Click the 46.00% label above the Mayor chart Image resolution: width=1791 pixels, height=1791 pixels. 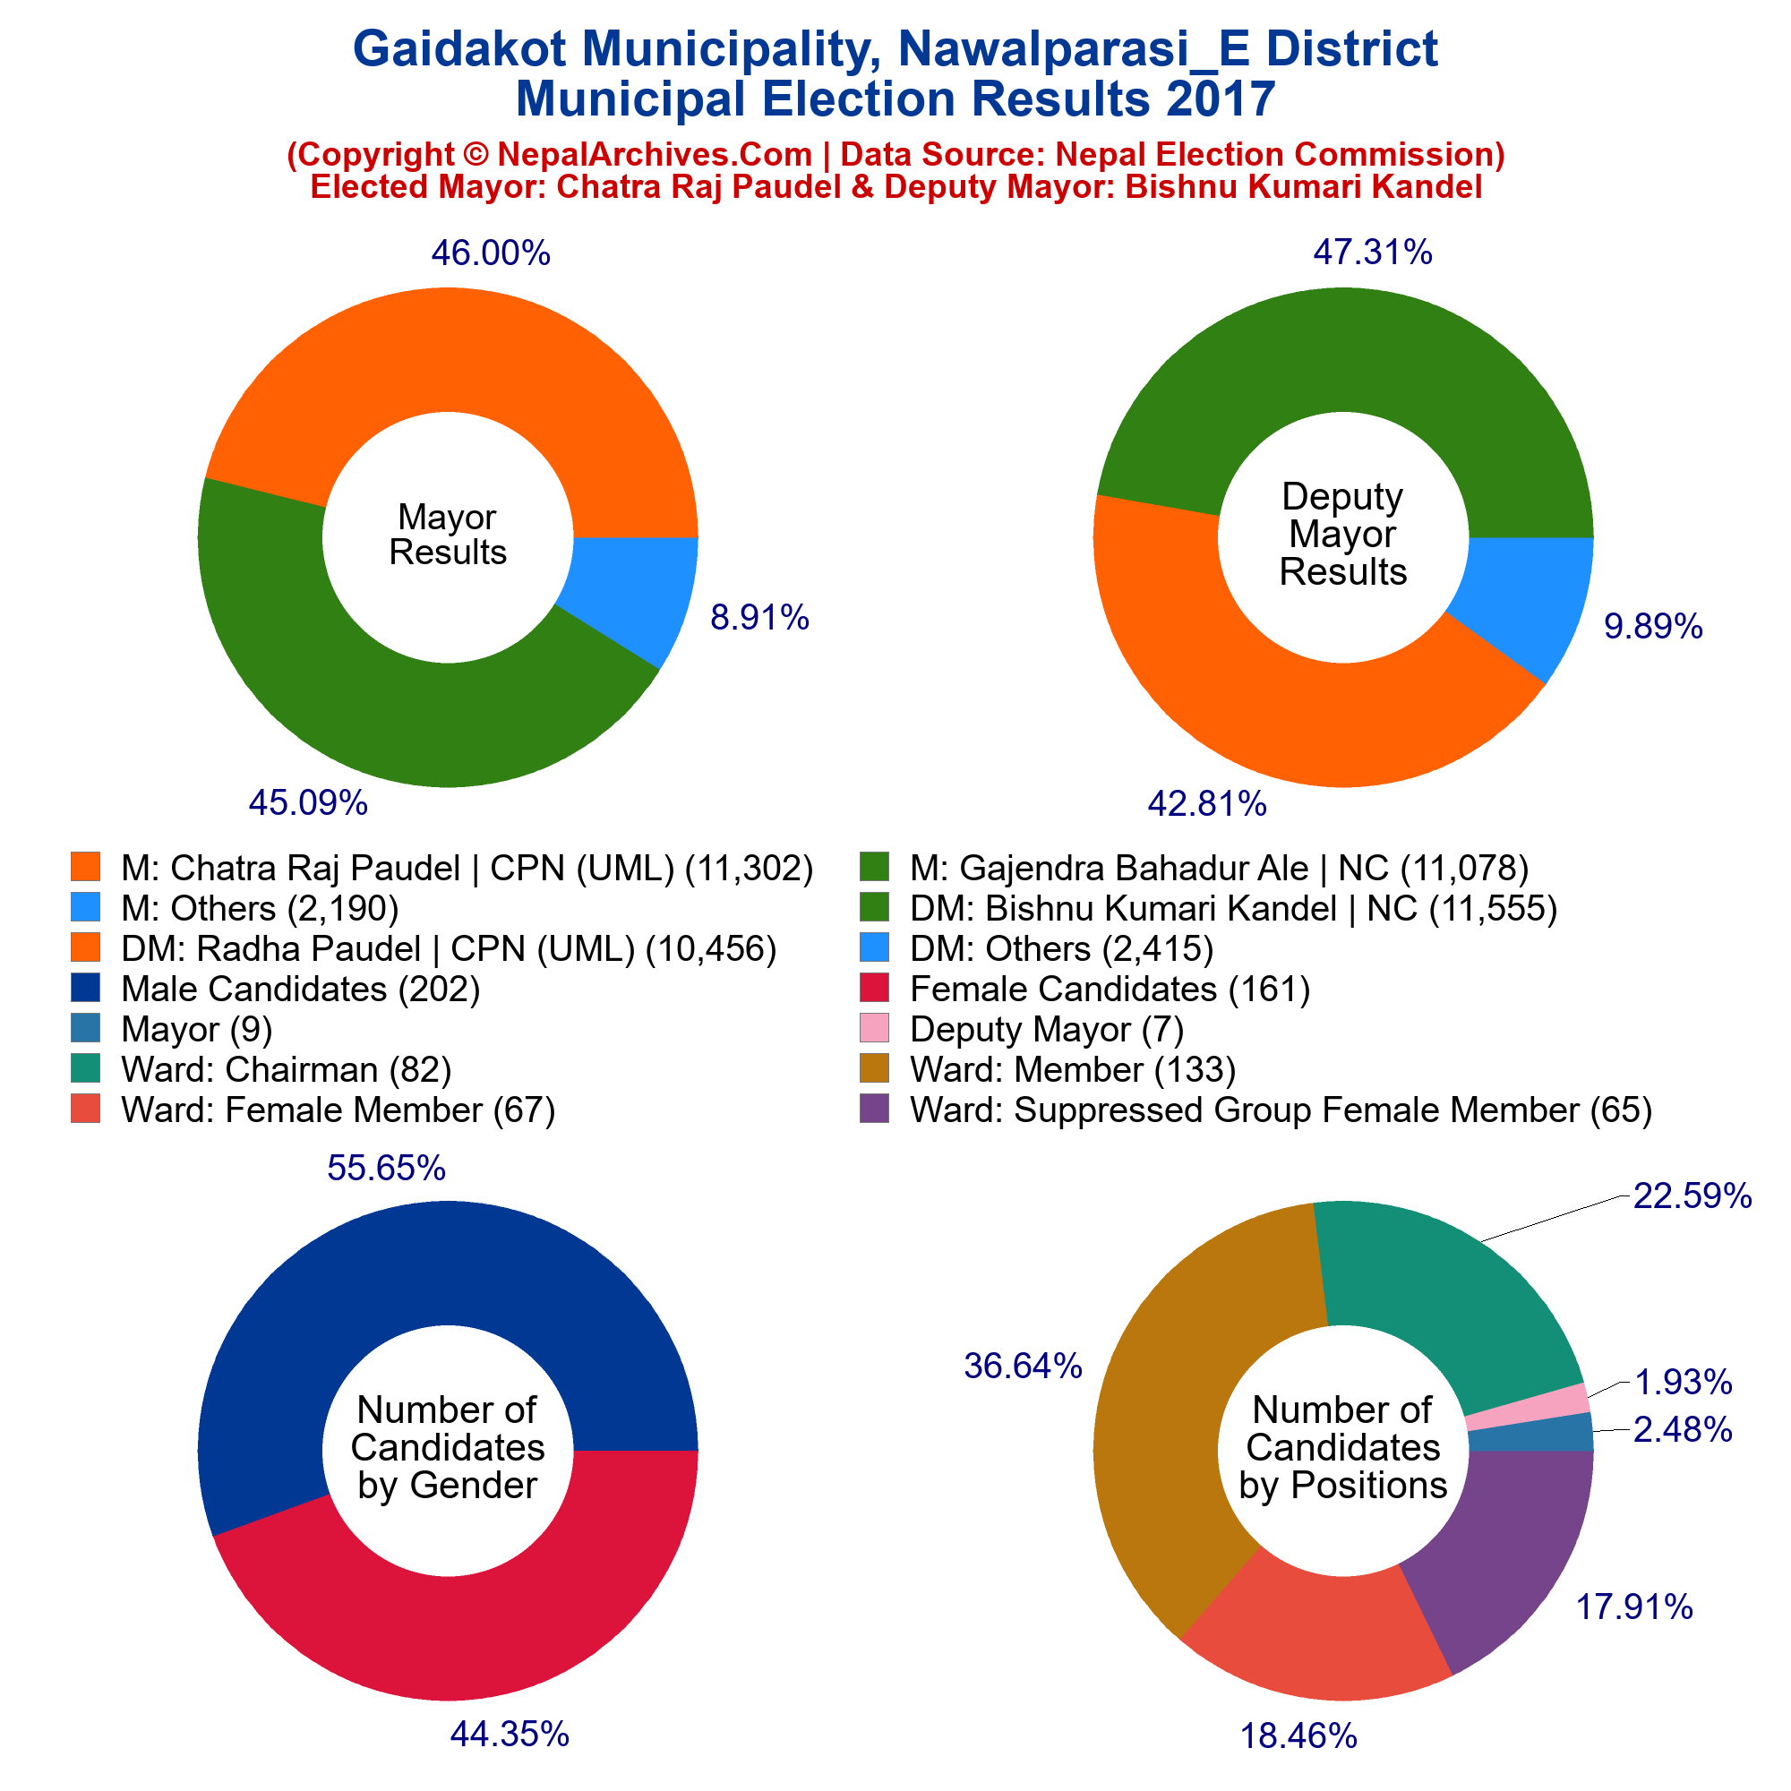tap(491, 253)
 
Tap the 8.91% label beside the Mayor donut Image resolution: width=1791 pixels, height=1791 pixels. tap(759, 617)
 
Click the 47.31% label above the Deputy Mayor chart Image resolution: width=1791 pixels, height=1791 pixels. tap(1373, 253)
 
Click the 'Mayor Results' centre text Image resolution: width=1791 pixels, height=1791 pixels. tap(448, 535)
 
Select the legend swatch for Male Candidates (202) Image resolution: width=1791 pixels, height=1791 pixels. tap(85, 989)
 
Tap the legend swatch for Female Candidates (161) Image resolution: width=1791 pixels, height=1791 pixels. tap(875, 989)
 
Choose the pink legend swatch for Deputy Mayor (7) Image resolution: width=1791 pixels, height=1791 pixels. tap(875, 1028)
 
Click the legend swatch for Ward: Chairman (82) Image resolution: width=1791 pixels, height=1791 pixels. tap(85, 1069)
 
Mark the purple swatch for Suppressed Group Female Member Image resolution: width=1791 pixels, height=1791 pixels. tap(875, 1109)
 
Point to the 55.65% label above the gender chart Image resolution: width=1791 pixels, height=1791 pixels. tap(387, 1169)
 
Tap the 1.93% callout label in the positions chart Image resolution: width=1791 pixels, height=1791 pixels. tap(1683, 1384)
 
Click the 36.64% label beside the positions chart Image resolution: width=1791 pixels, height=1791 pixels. tap(1024, 1366)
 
